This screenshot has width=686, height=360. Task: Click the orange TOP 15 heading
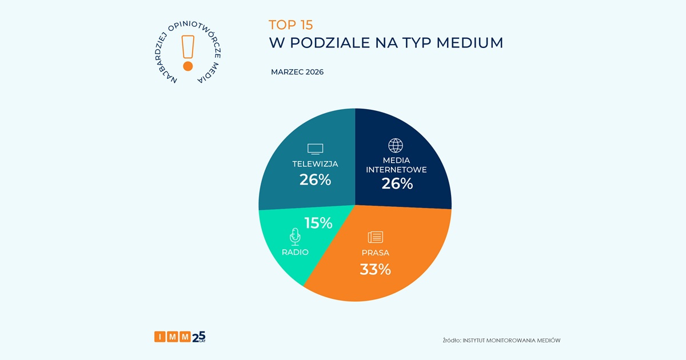[291, 25]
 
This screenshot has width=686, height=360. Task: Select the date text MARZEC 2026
[297, 72]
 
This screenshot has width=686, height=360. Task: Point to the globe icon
[396, 145]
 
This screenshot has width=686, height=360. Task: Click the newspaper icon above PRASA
[376, 237]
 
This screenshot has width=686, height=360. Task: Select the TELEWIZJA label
[315, 164]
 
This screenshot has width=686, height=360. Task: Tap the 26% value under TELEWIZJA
[315, 180]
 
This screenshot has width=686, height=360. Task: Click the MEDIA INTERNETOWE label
[396, 165]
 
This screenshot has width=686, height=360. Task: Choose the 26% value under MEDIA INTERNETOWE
[397, 183]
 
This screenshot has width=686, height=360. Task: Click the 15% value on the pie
[318, 223]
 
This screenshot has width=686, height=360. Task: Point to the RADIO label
[295, 252]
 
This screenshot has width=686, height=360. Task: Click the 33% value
[375, 269]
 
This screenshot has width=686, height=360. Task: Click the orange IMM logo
[171, 337]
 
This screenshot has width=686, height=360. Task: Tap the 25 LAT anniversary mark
[198, 337]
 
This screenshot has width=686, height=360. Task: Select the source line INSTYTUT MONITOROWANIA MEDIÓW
[501, 341]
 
